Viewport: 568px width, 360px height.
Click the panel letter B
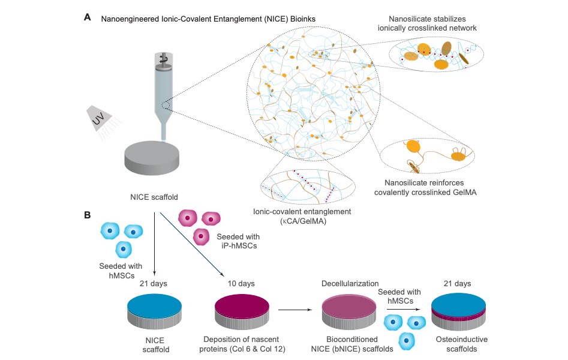pos(88,214)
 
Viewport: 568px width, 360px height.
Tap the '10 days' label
pos(241,283)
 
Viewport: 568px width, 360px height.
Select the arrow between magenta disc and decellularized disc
pos(289,310)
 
